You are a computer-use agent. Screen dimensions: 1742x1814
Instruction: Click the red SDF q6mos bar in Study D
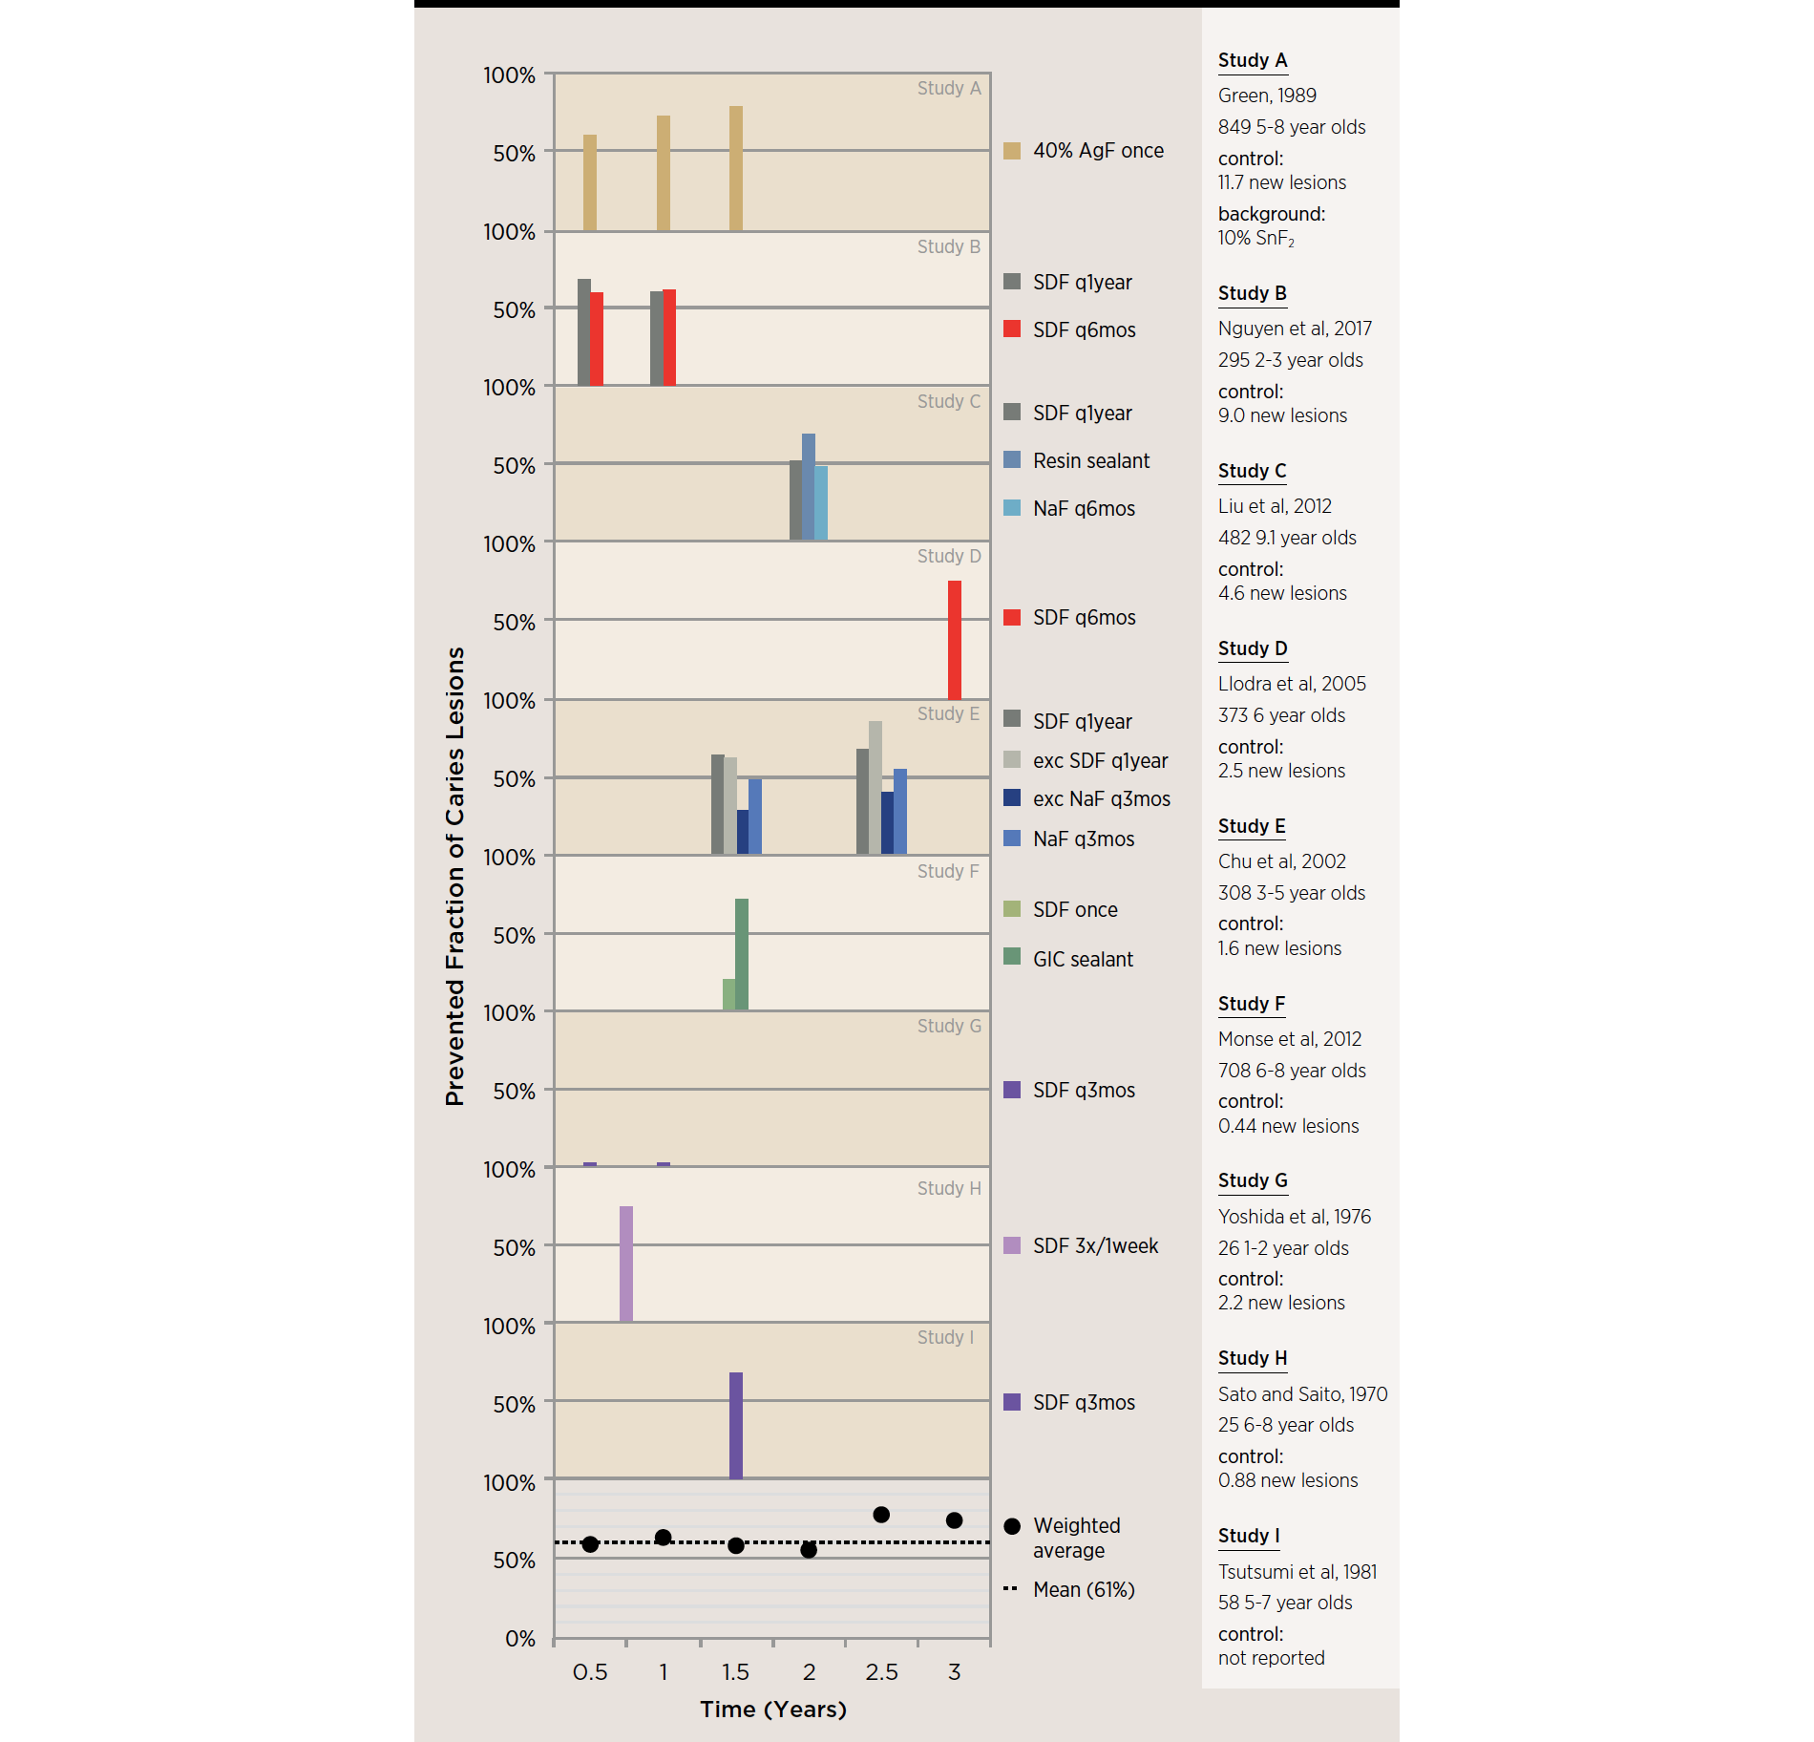pyautogui.click(x=954, y=640)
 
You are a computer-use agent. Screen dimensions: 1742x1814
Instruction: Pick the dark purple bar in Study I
pyautogui.click(x=735, y=1425)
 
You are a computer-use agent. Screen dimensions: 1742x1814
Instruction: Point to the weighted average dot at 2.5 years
pyautogui.click(x=881, y=1515)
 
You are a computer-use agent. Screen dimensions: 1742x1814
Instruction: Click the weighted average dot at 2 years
pyautogui.click(x=809, y=1550)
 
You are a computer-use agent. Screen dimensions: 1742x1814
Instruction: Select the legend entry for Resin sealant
pyautogui.click(x=1090, y=461)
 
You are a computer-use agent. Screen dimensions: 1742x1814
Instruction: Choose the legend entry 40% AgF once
pyautogui.click(x=1097, y=151)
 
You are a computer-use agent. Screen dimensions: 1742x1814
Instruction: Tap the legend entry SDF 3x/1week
pyautogui.click(x=1094, y=1246)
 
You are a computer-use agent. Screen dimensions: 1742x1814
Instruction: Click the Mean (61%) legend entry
pyautogui.click(x=1083, y=1590)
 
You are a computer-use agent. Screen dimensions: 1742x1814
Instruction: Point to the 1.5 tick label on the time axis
pyautogui.click(x=735, y=1672)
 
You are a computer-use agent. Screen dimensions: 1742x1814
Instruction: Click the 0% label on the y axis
pyautogui.click(x=520, y=1640)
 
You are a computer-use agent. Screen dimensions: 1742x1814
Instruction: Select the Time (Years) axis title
pyautogui.click(x=773, y=1710)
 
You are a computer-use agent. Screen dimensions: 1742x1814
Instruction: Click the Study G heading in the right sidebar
pyautogui.click(x=1253, y=1181)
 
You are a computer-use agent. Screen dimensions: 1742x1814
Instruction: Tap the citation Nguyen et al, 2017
pyautogui.click(x=1295, y=329)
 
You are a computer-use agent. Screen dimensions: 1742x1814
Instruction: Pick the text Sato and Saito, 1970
pyautogui.click(x=1302, y=1394)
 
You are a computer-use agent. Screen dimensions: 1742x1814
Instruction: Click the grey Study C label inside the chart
pyautogui.click(x=948, y=402)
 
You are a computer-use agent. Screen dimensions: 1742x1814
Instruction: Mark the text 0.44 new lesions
pyautogui.click(x=1288, y=1127)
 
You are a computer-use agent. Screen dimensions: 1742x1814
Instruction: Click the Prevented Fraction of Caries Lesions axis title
pyautogui.click(x=455, y=876)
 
